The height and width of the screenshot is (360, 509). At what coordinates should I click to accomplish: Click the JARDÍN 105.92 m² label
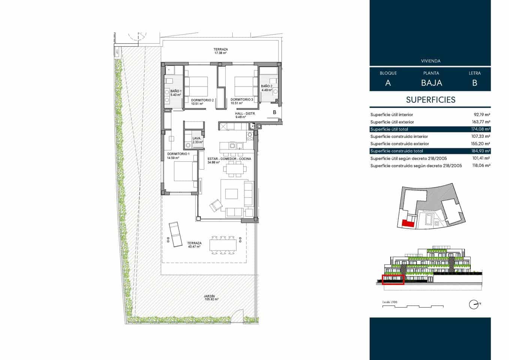211,297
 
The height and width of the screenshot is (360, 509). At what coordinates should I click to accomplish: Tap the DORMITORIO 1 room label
178,156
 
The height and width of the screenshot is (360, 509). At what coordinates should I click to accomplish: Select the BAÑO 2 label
266,88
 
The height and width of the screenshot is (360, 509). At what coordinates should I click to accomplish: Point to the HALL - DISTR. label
245,115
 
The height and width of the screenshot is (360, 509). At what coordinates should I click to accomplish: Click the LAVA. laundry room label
197,140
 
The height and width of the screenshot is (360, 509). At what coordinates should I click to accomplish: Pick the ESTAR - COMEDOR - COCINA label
229,160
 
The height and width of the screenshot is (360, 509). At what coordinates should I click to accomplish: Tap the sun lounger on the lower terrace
175,234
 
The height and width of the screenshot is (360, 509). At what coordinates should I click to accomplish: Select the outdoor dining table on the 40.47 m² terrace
223,244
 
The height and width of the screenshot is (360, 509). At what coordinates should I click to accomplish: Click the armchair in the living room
216,205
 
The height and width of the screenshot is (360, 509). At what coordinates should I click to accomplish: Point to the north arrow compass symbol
474,304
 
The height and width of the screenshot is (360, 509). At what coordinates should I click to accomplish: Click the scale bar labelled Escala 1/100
412,306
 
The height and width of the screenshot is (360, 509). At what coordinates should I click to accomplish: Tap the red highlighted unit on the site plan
407,223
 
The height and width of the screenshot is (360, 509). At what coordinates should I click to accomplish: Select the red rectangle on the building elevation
393,280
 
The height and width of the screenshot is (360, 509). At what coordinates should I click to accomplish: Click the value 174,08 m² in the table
481,129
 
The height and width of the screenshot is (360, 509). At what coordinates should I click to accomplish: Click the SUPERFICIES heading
431,100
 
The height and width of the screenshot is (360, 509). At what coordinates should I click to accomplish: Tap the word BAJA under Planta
431,83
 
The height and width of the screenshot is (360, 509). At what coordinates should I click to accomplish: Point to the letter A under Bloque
388,83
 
